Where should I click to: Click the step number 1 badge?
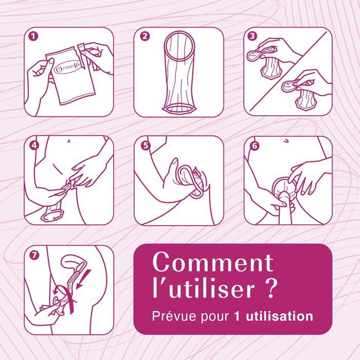click(33, 37)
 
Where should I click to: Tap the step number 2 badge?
click(145, 37)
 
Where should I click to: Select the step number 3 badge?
click(252, 36)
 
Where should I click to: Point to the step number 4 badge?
click(34, 146)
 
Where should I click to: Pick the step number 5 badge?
click(146, 146)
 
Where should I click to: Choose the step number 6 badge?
click(255, 146)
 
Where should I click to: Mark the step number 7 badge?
click(34, 255)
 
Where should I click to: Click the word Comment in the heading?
click(213, 262)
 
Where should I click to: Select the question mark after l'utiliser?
click(268, 287)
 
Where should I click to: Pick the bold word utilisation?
click(279, 316)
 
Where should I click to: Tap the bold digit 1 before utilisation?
click(237, 316)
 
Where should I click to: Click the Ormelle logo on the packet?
click(67, 68)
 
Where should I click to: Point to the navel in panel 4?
click(68, 140)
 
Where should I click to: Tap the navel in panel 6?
click(286, 141)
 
